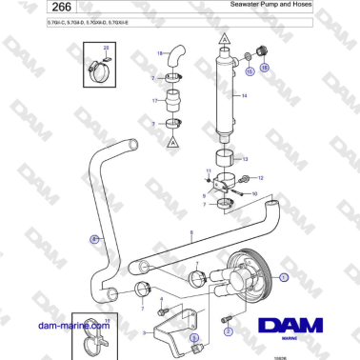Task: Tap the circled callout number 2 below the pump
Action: (229, 332)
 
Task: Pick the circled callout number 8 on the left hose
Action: (93, 239)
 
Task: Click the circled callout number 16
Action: (266, 67)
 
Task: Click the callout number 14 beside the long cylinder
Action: (244, 96)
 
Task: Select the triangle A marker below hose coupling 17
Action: (173, 140)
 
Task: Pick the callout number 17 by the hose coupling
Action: (152, 99)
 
